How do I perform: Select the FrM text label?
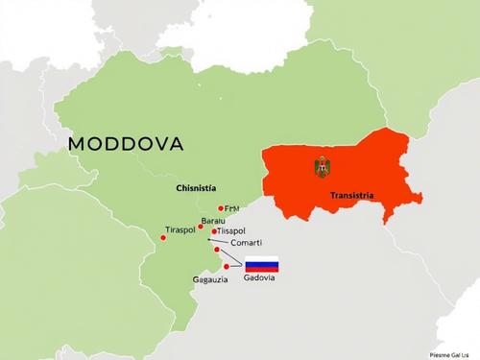click(x=233, y=207)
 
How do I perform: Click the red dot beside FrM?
click(x=221, y=208)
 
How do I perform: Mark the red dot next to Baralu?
click(x=202, y=228)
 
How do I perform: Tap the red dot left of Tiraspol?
click(x=163, y=237)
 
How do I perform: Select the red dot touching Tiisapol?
click(x=214, y=231)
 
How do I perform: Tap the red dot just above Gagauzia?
click(x=227, y=266)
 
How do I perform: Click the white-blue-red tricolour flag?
click(x=261, y=263)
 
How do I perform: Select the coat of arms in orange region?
click(x=322, y=167)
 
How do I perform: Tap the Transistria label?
click(x=352, y=195)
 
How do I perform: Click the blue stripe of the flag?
click(x=261, y=263)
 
